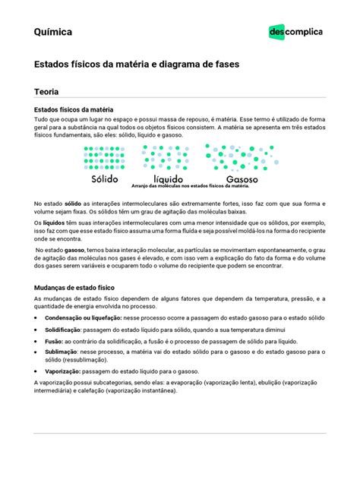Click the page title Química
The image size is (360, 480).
pos(53,33)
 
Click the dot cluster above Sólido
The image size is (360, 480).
pos(105,157)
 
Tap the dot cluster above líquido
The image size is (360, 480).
pos(163,157)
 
